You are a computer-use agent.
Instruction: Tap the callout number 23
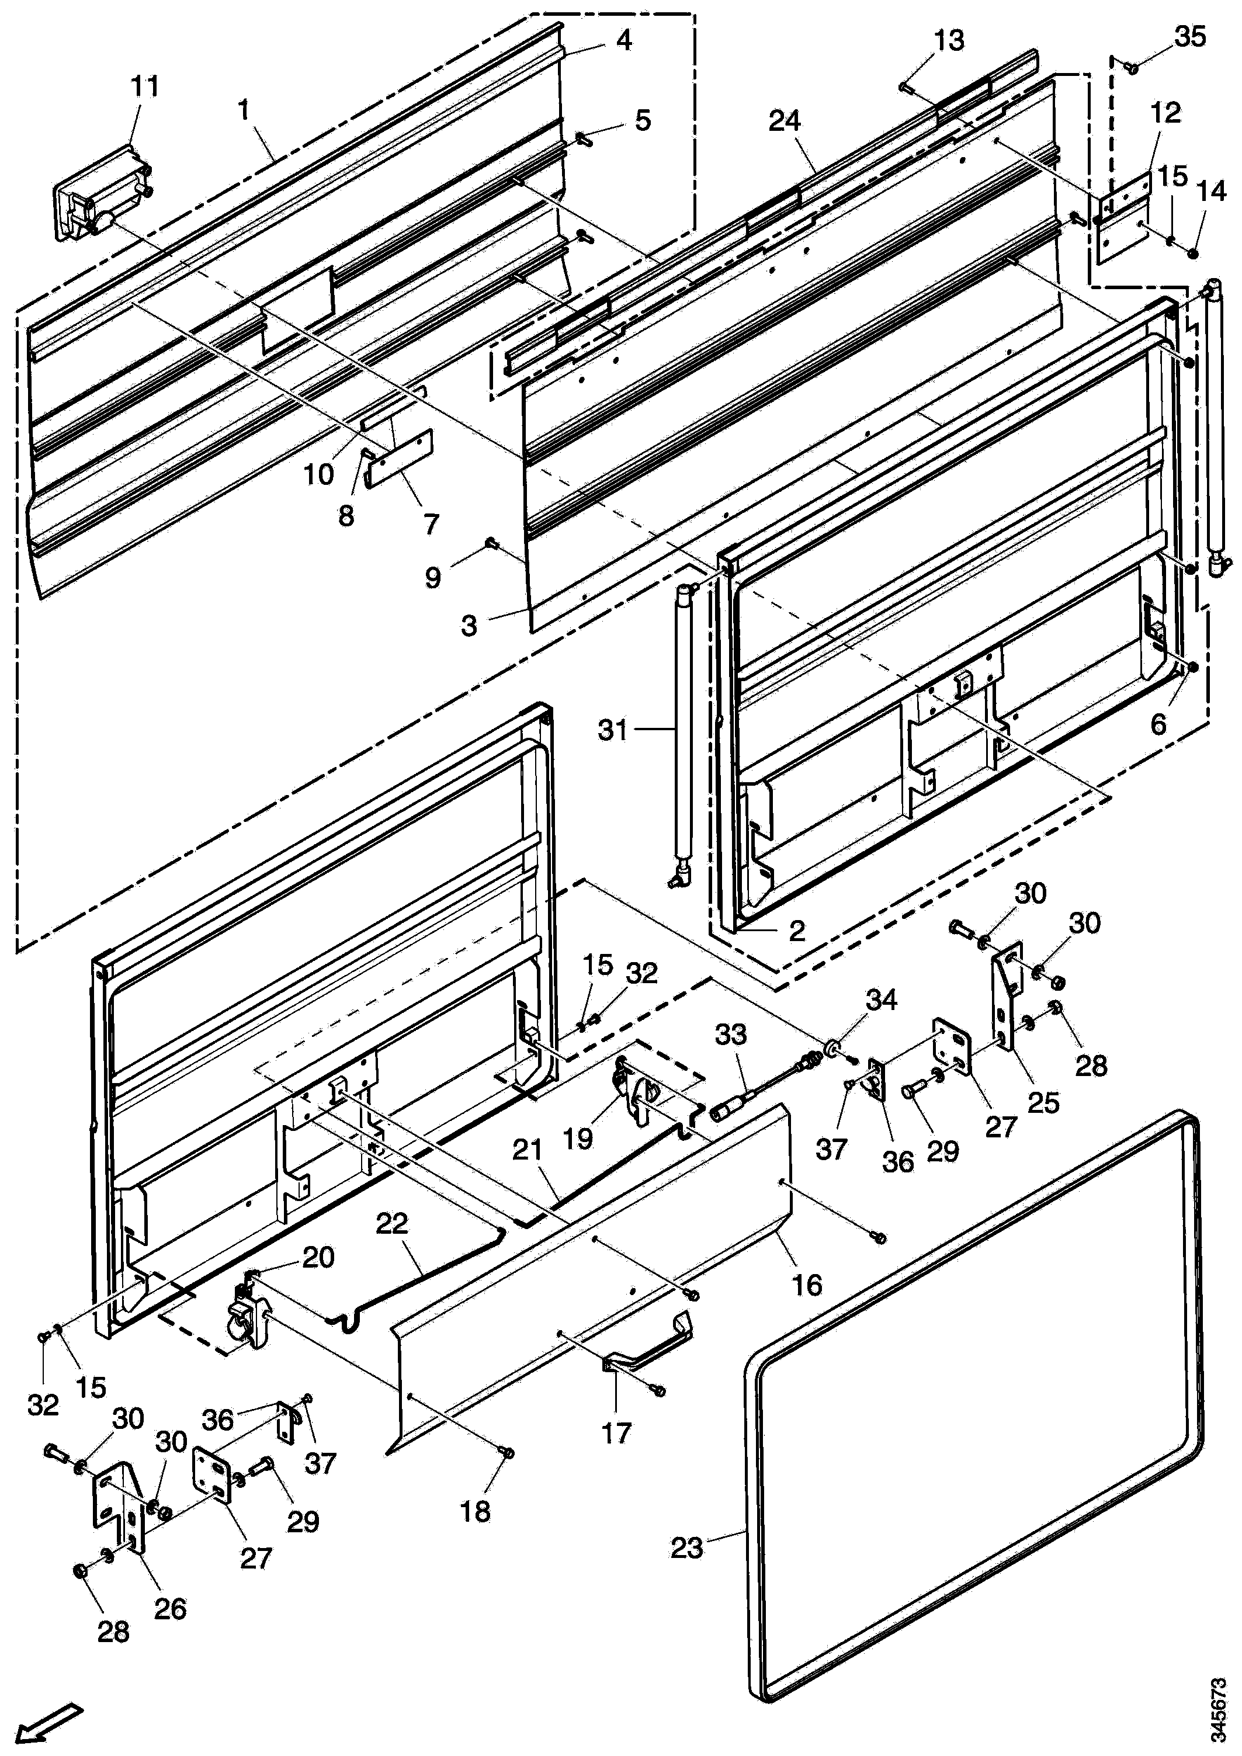coord(686,1548)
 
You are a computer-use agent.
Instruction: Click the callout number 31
coord(613,730)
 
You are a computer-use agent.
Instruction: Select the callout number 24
coord(785,121)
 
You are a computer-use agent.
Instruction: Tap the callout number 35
coord(1190,36)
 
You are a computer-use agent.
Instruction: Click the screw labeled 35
coord(1133,68)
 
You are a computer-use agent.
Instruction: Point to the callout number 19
coord(578,1139)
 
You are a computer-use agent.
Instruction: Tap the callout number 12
coord(1165,112)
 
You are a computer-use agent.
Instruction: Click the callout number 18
coord(475,1511)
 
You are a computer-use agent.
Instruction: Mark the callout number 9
coord(433,577)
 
